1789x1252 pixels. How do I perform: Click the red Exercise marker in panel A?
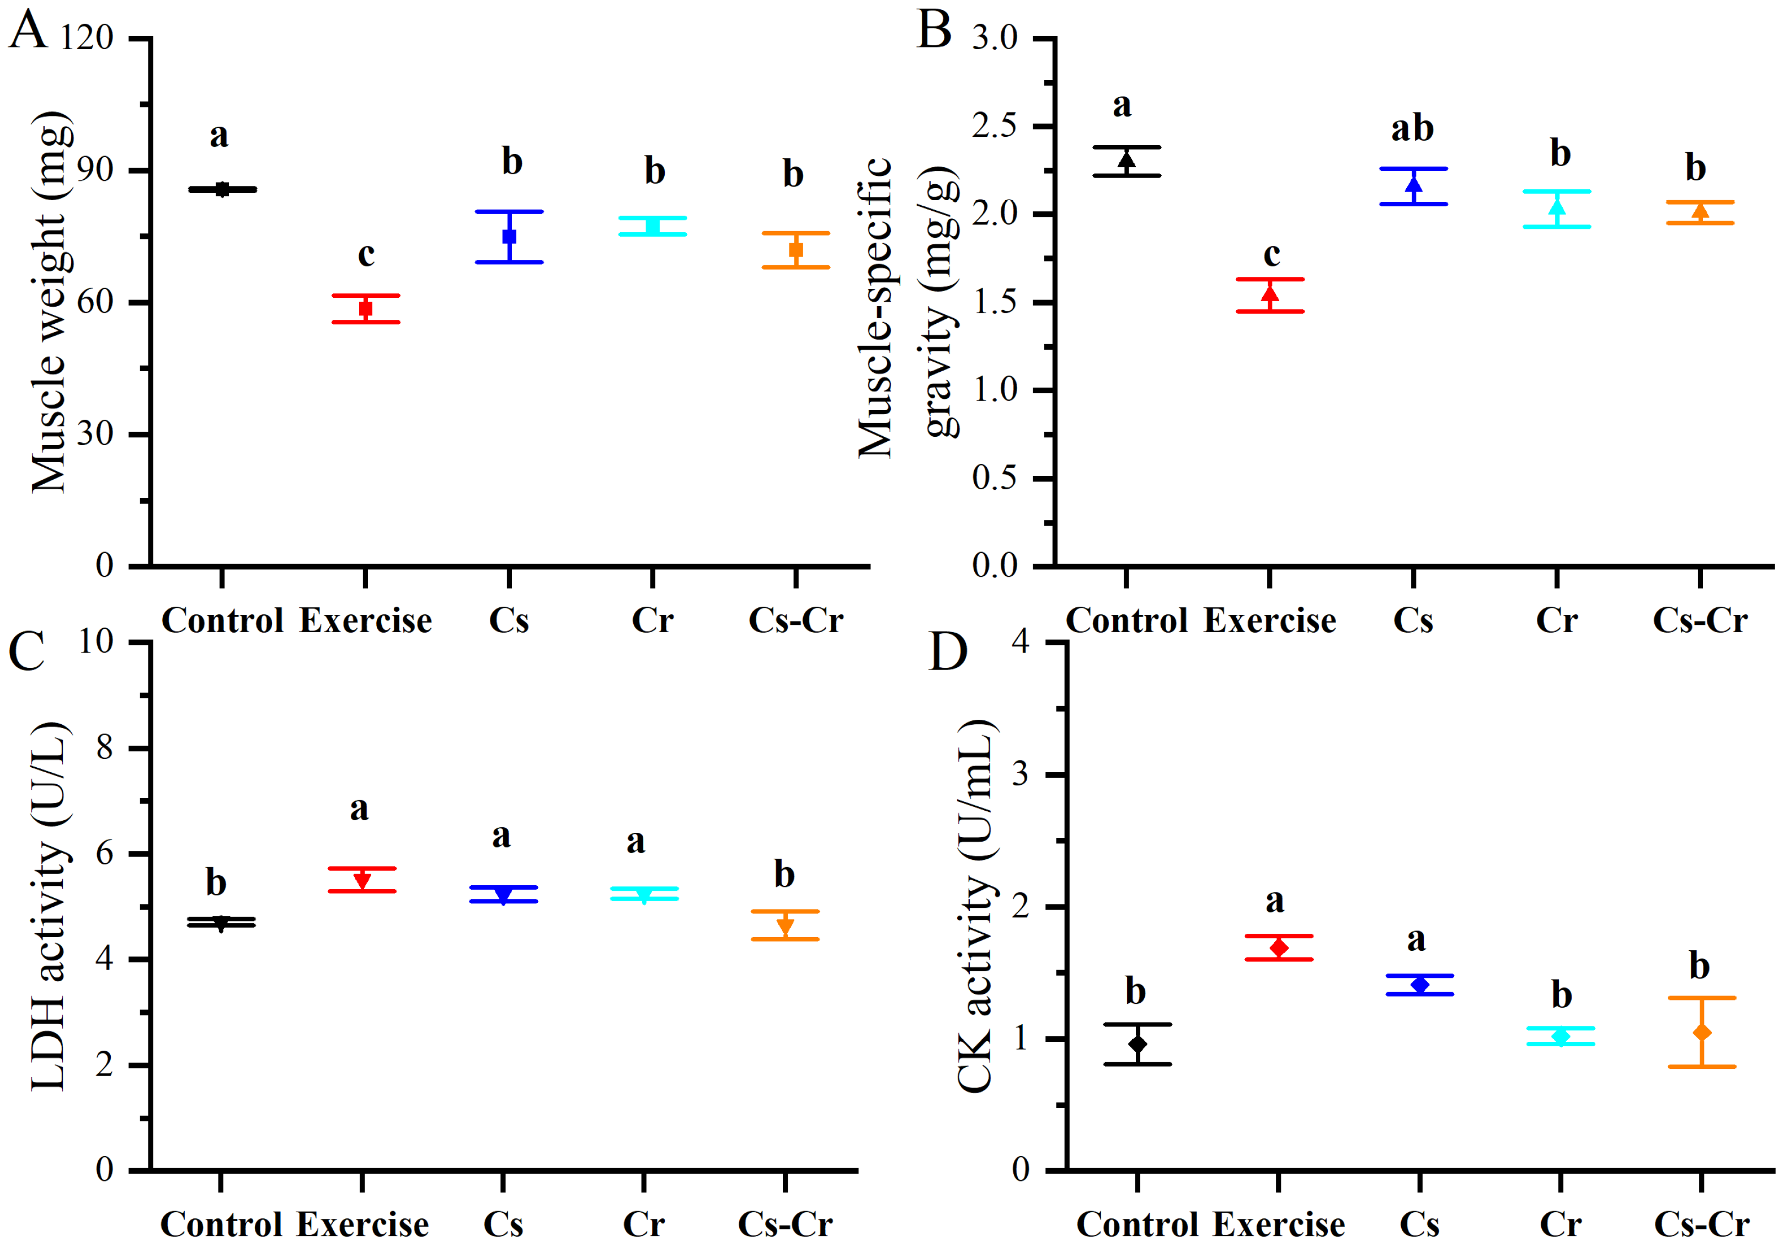365,308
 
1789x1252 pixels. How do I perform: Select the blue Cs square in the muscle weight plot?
510,236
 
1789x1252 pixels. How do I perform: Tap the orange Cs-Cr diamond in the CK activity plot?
1702,1032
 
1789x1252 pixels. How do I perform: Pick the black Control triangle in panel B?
1126,160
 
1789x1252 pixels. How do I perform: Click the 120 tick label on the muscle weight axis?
87,38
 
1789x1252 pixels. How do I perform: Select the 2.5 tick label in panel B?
995,126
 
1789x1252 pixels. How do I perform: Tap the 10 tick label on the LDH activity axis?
96,641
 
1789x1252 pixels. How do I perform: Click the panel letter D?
948,651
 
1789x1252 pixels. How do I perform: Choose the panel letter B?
934,30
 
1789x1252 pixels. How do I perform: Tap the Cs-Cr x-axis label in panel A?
795,620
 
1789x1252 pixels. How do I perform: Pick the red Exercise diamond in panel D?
1279,948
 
